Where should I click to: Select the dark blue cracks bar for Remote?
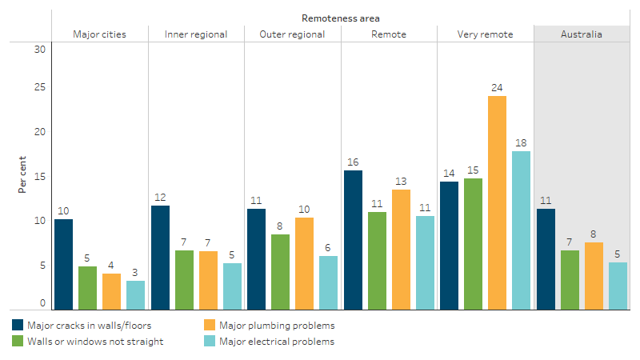click(x=353, y=240)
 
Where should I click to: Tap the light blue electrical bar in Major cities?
click(x=135, y=295)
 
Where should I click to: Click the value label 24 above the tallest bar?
click(x=497, y=87)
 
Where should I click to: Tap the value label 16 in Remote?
click(x=353, y=162)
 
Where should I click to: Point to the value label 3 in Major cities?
click(x=135, y=272)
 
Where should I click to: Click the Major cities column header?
click(x=99, y=34)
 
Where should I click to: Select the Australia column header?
click(x=582, y=34)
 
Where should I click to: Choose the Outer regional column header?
click(x=292, y=34)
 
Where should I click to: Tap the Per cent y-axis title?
click(x=22, y=174)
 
